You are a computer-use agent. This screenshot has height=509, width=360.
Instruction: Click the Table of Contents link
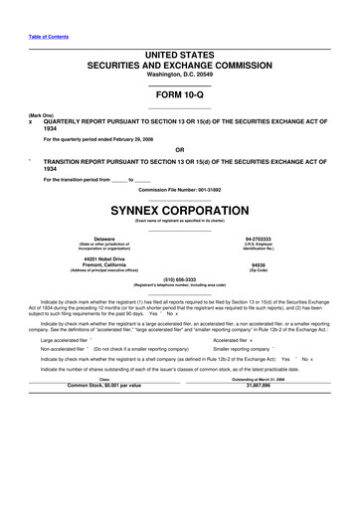pyautogui.click(x=47, y=36)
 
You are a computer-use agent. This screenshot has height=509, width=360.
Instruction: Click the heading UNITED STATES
pyautogui.click(x=180, y=51)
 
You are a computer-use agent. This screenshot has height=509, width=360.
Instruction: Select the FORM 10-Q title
pyautogui.click(x=180, y=95)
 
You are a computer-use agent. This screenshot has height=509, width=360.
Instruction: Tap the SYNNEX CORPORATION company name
pyautogui.click(x=180, y=211)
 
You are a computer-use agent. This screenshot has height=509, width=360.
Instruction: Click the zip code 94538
pyautogui.click(x=259, y=265)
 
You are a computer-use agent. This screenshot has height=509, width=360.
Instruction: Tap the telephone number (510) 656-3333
pyautogui.click(x=180, y=279)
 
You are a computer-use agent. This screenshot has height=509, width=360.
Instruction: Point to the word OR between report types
pyautogui.click(x=180, y=151)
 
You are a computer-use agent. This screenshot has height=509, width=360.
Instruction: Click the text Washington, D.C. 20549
pyautogui.click(x=180, y=75)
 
